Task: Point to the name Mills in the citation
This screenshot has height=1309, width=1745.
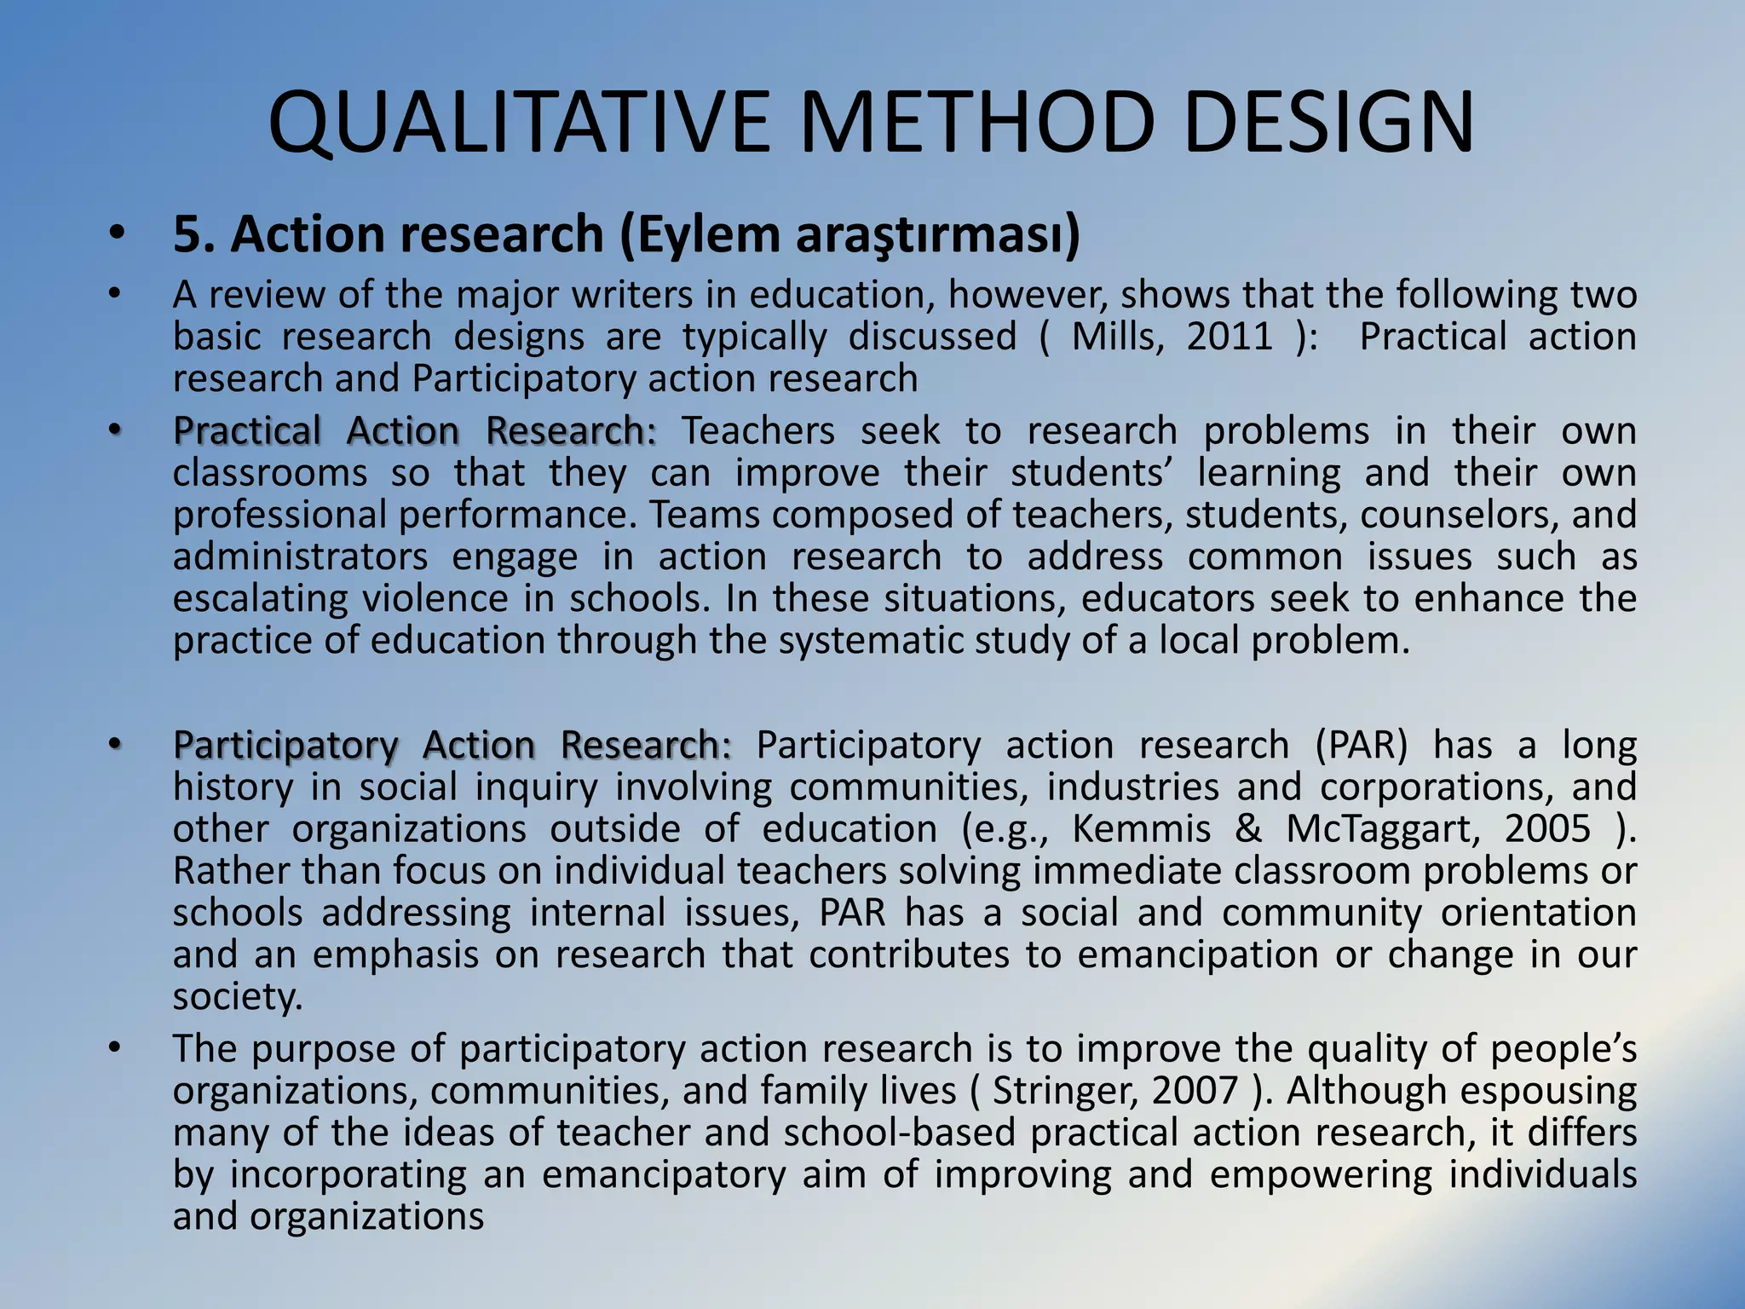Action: point(1117,337)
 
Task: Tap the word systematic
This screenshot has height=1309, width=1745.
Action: point(870,641)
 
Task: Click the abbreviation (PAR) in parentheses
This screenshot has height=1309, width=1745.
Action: point(1362,745)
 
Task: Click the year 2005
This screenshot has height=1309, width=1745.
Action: point(1547,828)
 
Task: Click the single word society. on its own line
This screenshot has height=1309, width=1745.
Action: point(238,996)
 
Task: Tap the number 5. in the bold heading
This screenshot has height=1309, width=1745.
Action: point(193,234)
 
